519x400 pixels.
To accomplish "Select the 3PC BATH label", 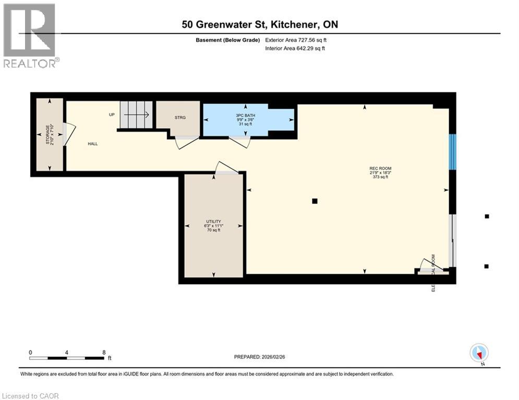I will click(x=244, y=114).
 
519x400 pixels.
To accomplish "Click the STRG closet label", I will click(x=179, y=118).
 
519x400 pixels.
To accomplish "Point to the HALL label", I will click(x=92, y=144).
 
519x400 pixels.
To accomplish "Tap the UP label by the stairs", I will click(x=112, y=115).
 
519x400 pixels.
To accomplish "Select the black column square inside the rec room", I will click(x=314, y=201).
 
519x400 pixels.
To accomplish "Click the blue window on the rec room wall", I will click(x=453, y=152).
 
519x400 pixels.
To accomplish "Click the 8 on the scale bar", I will click(x=104, y=352).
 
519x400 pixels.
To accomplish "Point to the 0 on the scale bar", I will click(x=31, y=352).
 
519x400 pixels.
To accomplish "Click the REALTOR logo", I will click(x=30, y=35).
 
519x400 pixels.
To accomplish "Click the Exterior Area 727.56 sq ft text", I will click(x=296, y=40).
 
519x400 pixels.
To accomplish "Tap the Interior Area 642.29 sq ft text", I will click(x=295, y=48).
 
